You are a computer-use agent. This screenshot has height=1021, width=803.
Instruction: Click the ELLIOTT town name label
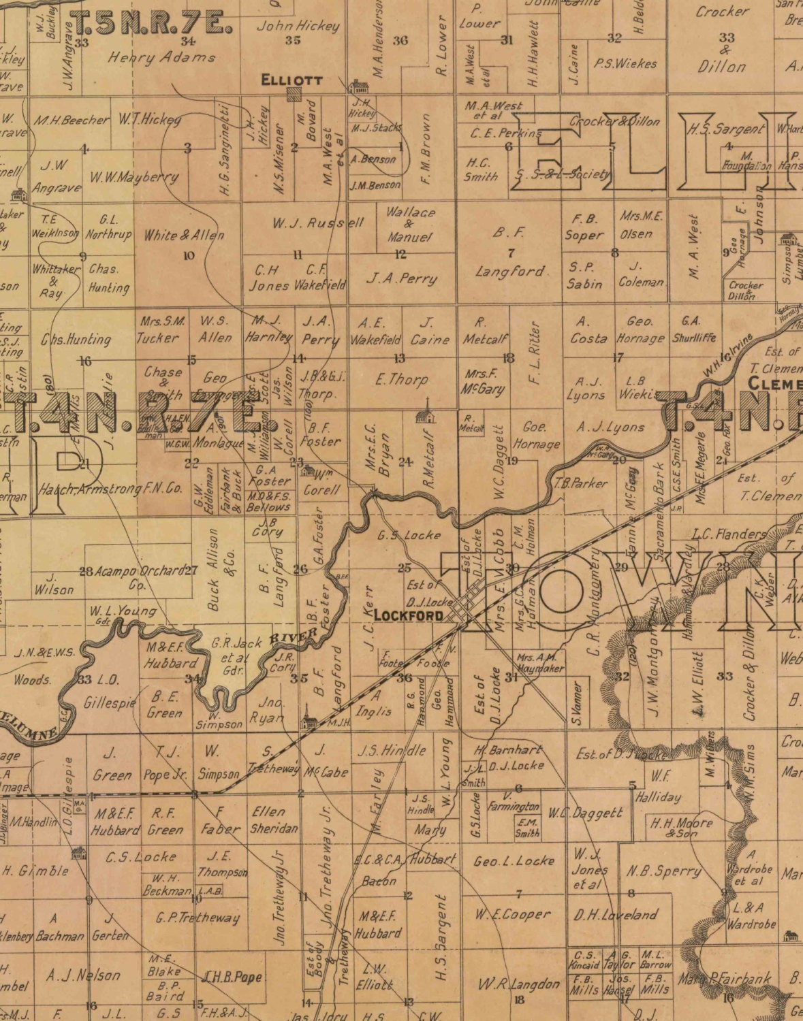[x=292, y=80]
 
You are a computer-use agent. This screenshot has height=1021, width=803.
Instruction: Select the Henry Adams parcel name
[x=161, y=58]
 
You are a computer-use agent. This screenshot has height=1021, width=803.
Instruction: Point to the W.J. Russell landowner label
[x=318, y=223]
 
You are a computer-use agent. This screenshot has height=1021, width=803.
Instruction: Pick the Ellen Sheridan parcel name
[x=274, y=820]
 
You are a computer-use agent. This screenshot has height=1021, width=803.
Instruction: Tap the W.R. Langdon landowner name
[x=518, y=984]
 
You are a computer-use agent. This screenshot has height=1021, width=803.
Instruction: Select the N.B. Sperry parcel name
[x=663, y=871]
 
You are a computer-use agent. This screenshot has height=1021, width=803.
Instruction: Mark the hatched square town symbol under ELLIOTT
[x=294, y=94]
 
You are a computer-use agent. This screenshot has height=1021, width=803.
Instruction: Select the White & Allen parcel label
[x=183, y=236]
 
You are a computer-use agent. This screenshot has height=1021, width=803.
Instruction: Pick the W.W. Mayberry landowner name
[x=134, y=178]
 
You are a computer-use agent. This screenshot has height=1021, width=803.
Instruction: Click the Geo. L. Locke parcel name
[x=514, y=861]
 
